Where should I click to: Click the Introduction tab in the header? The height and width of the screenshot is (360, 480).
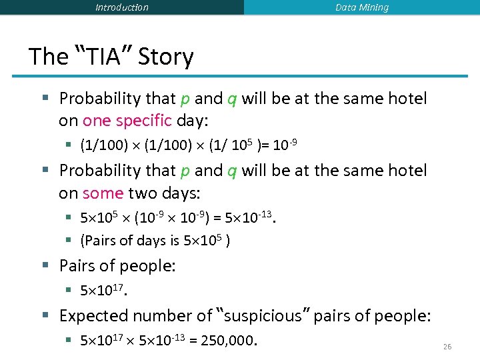coord(122,7)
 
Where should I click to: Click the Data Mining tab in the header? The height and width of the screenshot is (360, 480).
coord(361,7)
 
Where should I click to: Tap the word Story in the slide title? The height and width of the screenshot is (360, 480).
coord(166,57)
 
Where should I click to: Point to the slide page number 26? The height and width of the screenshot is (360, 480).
coord(447,347)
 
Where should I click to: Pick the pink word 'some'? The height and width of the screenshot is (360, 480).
coord(103,193)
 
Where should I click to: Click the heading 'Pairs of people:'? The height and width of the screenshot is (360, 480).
coord(117,266)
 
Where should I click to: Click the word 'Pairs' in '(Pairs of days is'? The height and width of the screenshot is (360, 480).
coord(100,241)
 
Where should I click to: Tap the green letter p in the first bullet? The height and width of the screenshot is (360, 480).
coord(185,99)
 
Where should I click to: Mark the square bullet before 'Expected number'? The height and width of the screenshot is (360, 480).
coord(45,315)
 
